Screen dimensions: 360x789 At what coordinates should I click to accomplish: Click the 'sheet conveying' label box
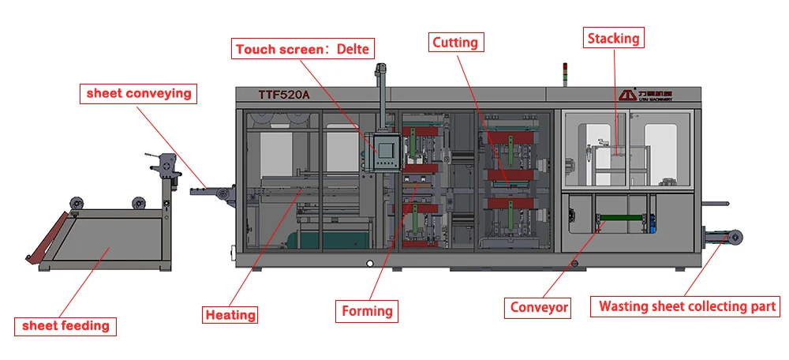coord(139,93)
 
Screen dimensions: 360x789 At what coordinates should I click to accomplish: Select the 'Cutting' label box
coord(456,42)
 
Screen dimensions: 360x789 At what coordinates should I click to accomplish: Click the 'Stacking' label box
coord(613,37)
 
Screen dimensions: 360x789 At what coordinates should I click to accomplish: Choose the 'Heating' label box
coord(230,315)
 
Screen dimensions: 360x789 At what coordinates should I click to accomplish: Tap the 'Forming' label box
coord(367,311)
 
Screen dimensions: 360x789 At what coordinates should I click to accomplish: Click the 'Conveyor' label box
coord(539,307)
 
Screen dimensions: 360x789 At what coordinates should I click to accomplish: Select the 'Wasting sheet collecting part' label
coord(687,306)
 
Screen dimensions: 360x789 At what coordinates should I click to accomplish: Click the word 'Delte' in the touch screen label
coord(353,49)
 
